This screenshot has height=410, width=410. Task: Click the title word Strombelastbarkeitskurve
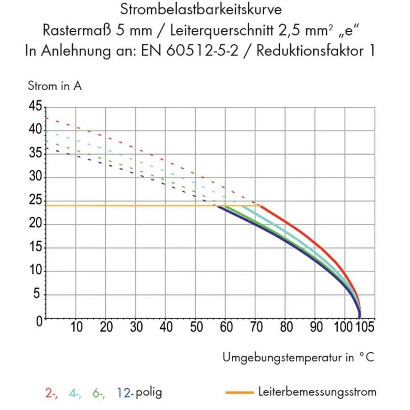tap(200, 9)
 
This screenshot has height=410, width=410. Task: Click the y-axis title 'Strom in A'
tap(55, 87)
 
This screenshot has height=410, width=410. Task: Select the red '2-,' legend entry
tap(51, 392)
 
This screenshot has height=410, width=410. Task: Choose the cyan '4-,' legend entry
tap(75, 392)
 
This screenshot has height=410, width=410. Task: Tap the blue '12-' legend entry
tap(125, 392)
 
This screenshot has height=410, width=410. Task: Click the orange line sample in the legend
tap(239, 392)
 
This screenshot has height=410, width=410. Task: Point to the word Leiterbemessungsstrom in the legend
tap(317, 392)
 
